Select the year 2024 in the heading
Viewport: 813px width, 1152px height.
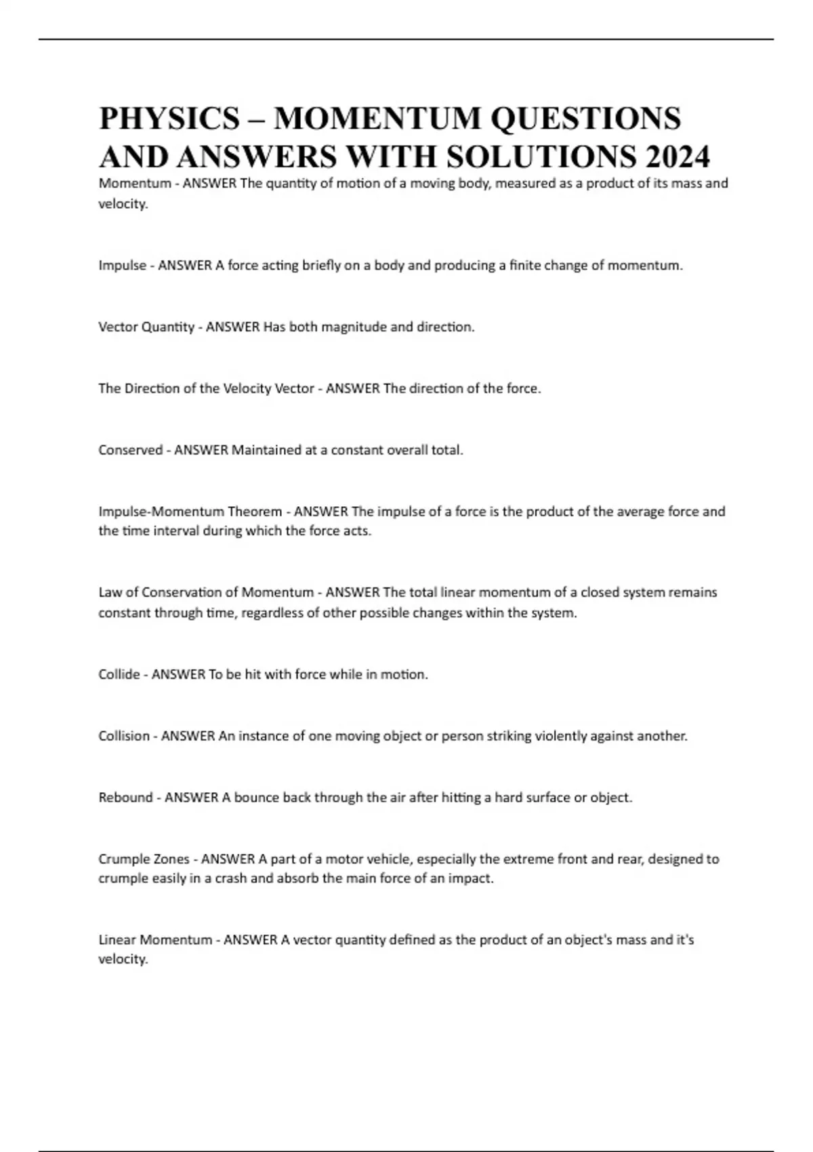point(677,157)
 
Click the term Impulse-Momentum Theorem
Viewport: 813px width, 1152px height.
point(190,511)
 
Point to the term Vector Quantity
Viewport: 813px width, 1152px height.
point(146,327)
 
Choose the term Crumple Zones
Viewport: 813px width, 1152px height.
point(144,859)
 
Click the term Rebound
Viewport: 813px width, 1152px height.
point(125,797)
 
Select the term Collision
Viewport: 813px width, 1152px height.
point(124,735)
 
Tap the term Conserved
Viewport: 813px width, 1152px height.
point(130,449)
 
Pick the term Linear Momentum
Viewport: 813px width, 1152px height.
point(155,939)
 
